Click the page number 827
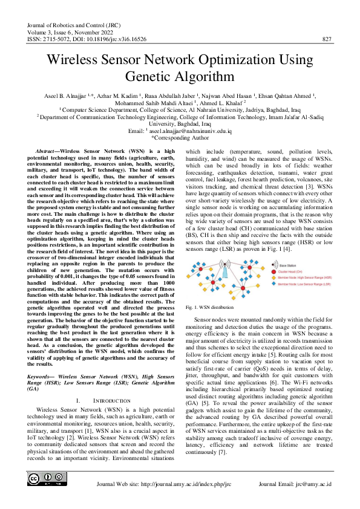click(327, 39)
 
